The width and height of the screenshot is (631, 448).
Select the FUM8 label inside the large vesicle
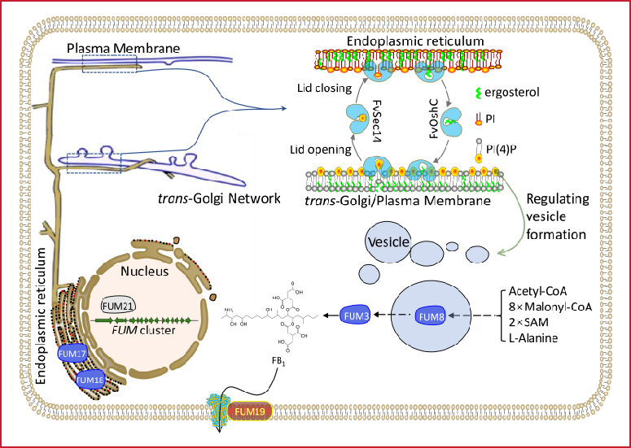pos(431,315)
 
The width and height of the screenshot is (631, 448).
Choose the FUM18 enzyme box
pos(90,379)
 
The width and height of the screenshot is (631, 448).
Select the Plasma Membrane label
pos(125,49)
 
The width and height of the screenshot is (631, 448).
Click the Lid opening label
pos(323,150)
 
